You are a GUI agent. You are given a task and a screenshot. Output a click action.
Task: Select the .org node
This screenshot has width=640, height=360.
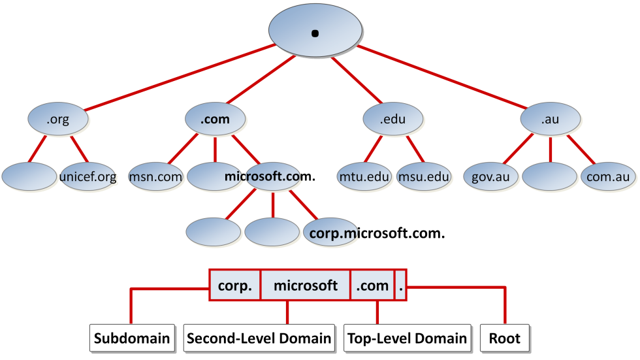tap(58, 120)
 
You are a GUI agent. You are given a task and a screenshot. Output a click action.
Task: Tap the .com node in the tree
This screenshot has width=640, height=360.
tap(215, 120)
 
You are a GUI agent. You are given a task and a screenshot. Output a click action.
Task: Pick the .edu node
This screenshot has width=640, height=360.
tap(393, 120)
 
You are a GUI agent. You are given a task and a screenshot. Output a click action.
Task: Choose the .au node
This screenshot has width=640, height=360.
tap(550, 120)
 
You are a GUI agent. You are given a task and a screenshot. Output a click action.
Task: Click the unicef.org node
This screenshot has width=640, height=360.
tap(88, 176)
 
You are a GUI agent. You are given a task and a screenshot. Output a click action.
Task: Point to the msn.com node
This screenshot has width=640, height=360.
tap(155, 176)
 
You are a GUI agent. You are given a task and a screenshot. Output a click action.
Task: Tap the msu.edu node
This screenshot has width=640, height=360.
tap(424, 176)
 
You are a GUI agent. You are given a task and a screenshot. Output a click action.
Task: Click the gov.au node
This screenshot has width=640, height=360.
tap(490, 176)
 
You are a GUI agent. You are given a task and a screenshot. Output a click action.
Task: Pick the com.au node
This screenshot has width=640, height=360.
tap(609, 176)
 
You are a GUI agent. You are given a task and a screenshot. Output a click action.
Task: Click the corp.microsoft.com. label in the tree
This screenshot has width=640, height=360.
tap(377, 232)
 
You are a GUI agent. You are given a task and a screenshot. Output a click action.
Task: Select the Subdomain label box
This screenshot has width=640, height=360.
tap(132, 338)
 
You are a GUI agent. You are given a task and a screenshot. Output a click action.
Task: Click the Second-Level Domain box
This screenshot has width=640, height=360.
tap(259, 338)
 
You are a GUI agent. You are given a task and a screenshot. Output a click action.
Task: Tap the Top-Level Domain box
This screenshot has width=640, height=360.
tap(408, 338)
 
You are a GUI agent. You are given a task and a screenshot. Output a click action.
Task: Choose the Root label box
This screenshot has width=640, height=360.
tap(505, 338)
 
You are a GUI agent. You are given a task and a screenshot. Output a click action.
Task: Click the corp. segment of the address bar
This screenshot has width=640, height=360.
tap(234, 285)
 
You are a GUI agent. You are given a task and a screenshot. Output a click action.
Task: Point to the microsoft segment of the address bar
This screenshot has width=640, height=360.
tap(306, 285)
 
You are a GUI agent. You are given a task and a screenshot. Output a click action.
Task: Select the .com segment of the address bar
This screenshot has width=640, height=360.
tap(372, 285)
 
